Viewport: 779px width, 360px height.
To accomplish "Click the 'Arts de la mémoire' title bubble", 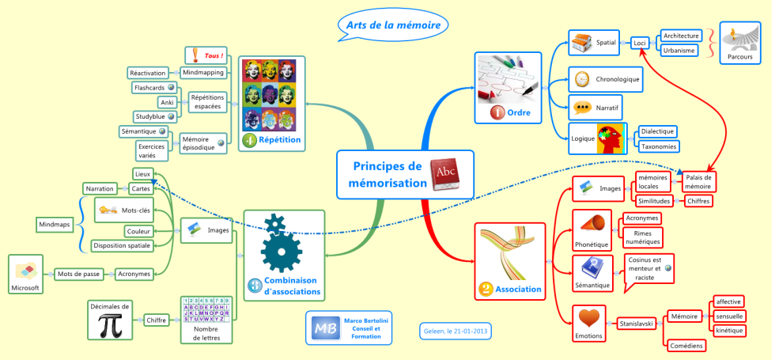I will click(x=393, y=25).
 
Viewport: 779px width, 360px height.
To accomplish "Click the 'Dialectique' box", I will click(x=658, y=131).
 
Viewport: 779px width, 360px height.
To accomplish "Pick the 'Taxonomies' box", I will click(x=658, y=146).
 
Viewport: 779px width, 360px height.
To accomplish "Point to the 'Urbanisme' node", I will click(x=679, y=51).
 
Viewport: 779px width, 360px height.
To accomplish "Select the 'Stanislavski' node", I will click(x=639, y=323).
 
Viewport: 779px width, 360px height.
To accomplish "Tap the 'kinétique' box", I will click(x=728, y=330).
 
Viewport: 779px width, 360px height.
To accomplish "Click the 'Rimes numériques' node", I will click(x=641, y=237).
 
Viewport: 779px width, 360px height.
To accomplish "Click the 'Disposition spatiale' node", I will click(x=121, y=246).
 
